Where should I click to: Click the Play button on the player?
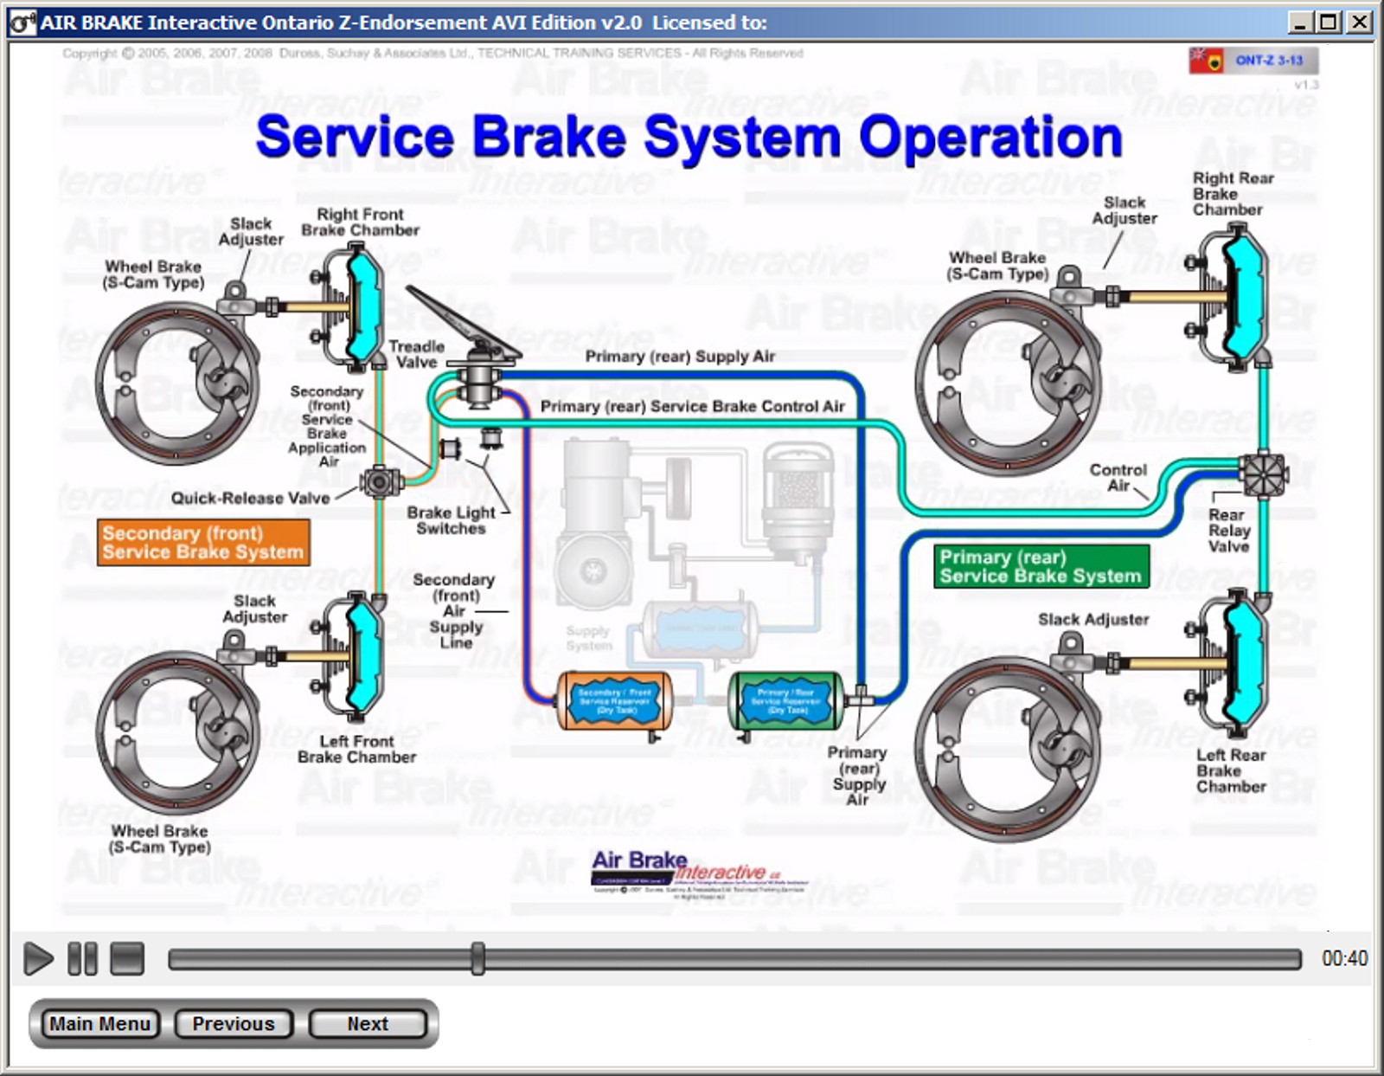click(x=37, y=958)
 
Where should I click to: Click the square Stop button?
click(x=127, y=958)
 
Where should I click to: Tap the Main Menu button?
click(x=99, y=1024)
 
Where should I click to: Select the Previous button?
click(x=234, y=1024)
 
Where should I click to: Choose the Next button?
click(x=368, y=1024)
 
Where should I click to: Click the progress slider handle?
click(x=477, y=958)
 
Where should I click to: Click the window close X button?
click(x=1360, y=22)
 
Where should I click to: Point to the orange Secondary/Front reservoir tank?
click(x=614, y=700)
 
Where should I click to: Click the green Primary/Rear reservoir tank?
click(x=785, y=700)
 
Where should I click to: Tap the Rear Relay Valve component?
click(x=1263, y=474)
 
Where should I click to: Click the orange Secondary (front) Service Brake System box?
click(x=203, y=543)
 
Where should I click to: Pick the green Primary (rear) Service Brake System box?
click(x=1041, y=567)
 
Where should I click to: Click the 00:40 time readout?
click(x=1344, y=958)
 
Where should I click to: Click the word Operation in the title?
click(x=990, y=139)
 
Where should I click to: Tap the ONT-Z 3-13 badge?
click(x=1268, y=60)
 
